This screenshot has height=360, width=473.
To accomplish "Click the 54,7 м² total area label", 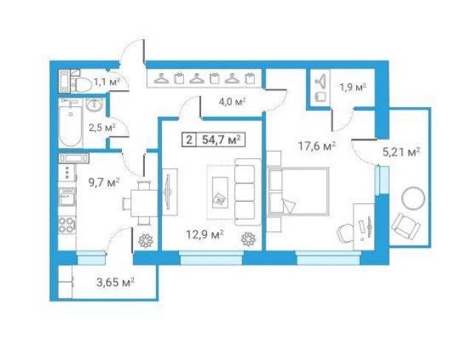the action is pyautogui.click(x=222, y=140).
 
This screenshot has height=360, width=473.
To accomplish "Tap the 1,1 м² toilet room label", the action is pyautogui.click(x=107, y=81).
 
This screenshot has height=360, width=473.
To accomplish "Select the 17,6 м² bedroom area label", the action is pyautogui.click(x=317, y=146).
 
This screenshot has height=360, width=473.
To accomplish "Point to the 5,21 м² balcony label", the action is pyautogui.click(x=401, y=152).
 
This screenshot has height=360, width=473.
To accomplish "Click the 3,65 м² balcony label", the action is pyautogui.click(x=115, y=283).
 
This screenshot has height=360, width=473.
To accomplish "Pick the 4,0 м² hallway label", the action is pyautogui.click(x=232, y=101).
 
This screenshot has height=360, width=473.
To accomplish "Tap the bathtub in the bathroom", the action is pyautogui.click(x=71, y=123).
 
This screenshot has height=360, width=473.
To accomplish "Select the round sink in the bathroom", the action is pyautogui.click(x=95, y=105).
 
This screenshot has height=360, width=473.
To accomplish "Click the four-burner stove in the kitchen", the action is pyautogui.click(x=67, y=225).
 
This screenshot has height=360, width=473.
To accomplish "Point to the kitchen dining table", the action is pyautogui.click(x=144, y=203).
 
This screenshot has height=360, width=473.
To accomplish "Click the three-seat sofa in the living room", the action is pyautogui.click(x=248, y=191).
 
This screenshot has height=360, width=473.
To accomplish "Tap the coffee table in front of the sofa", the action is pyautogui.click(x=220, y=192).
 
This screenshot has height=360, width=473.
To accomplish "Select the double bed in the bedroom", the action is pyautogui.click(x=299, y=191).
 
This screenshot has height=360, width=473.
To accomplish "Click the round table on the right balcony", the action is pyautogui.click(x=413, y=199).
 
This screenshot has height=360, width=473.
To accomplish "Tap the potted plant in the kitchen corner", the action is pyautogui.click(x=146, y=240).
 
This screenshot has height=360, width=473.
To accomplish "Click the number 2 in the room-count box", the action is pyautogui.click(x=189, y=140).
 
